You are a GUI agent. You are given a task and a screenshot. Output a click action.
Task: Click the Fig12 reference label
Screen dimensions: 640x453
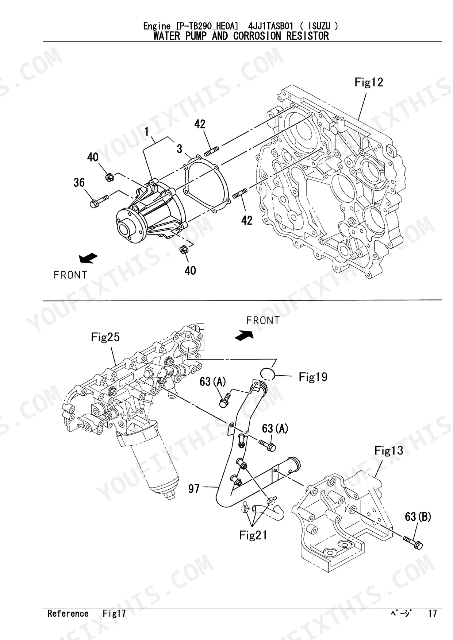click(369, 82)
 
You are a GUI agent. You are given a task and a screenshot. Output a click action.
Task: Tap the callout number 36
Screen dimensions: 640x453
click(79, 183)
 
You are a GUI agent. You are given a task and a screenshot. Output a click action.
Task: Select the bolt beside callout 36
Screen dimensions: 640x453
click(99, 200)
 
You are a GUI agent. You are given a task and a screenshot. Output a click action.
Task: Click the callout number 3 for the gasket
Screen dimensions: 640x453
click(179, 149)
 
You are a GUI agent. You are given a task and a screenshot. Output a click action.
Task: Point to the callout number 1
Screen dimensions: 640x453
click(147, 131)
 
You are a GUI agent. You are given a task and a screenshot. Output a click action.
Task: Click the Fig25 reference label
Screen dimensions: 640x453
click(105, 337)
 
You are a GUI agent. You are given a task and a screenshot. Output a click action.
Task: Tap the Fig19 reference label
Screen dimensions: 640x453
click(313, 377)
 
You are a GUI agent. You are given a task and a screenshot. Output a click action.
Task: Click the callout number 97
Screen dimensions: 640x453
click(193, 488)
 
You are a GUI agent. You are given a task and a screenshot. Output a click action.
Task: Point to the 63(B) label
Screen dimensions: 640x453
click(418, 516)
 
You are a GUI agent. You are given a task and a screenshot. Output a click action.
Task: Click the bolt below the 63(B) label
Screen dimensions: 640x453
click(413, 542)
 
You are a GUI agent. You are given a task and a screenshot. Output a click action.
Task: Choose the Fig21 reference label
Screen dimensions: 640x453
click(253, 535)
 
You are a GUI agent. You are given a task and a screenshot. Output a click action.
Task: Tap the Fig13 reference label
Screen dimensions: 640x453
click(389, 451)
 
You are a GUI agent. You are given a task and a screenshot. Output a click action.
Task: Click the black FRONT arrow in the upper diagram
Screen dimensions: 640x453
click(88, 258)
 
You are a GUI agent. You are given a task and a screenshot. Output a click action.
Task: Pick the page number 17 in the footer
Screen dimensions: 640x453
click(432, 613)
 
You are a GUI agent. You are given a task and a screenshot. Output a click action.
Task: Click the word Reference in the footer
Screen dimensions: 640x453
click(68, 613)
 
